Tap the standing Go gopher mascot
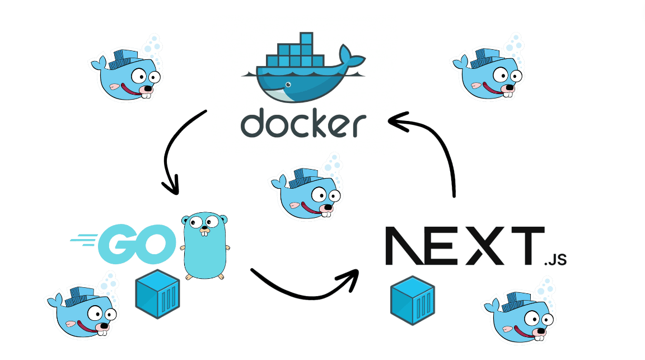205,246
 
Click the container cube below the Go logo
157,294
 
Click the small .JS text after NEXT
555,259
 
